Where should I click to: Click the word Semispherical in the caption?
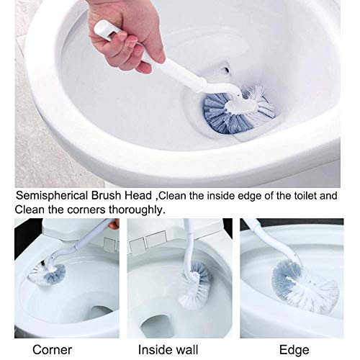52,196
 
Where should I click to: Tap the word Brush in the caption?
106,195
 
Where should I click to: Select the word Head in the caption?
138,195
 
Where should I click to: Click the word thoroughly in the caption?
137,210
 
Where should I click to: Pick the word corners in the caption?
86,210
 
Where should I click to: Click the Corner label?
52,350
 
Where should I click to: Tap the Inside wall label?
168,350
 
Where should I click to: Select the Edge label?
294,350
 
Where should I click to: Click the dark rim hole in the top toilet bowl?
226,71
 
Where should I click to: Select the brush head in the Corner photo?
47,275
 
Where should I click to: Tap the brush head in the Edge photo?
305,287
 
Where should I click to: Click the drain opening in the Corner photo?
99,312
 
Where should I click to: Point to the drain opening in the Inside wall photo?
157,326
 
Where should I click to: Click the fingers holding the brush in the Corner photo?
114,224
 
